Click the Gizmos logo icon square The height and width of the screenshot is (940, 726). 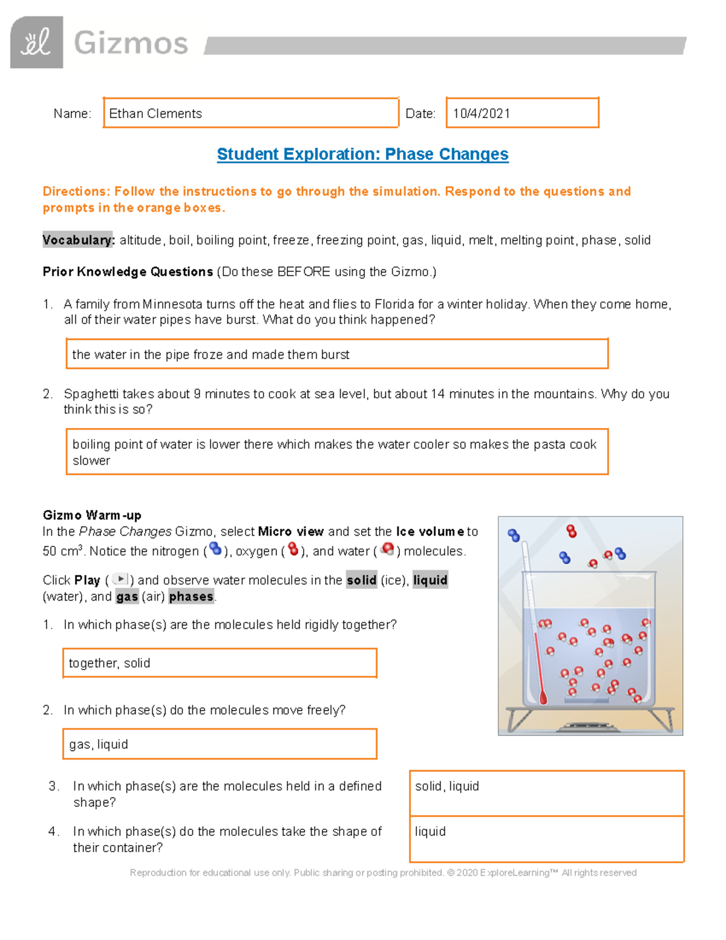pyautogui.click(x=36, y=42)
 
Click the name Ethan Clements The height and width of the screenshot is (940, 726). pyautogui.click(x=155, y=114)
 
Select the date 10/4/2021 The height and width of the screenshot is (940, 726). pyautogui.click(x=482, y=114)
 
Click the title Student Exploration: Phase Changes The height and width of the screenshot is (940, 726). pyautogui.click(x=362, y=154)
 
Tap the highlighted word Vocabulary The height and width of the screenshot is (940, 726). pyautogui.click(x=78, y=240)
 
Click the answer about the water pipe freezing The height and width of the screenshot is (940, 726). pyautogui.click(x=211, y=355)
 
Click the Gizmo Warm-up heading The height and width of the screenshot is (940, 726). pyautogui.click(x=92, y=516)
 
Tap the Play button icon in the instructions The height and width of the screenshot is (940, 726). pyautogui.click(x=120, y=579)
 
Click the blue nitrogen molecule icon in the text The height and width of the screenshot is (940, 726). pyautogui.click(x=215, y=550)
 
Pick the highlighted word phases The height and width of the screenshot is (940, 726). pyautogui.click(x=191, y=597)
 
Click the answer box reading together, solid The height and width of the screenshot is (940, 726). pyautogui.click(x=220, y=663)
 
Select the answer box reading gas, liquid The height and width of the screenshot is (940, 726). pyautogui.click(x=220, y=744)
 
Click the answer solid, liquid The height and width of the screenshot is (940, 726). pyautogui.click(x=447, y=786)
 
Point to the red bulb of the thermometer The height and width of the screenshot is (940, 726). pyautogui.click(x=543, y=698)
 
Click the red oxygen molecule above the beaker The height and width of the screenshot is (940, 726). pyautogui.click(x=571, y=531)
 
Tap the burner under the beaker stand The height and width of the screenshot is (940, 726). pyautogui.click(x=590, y=726)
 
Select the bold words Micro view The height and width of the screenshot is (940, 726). pyautogui.click(x=291, y=532)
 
